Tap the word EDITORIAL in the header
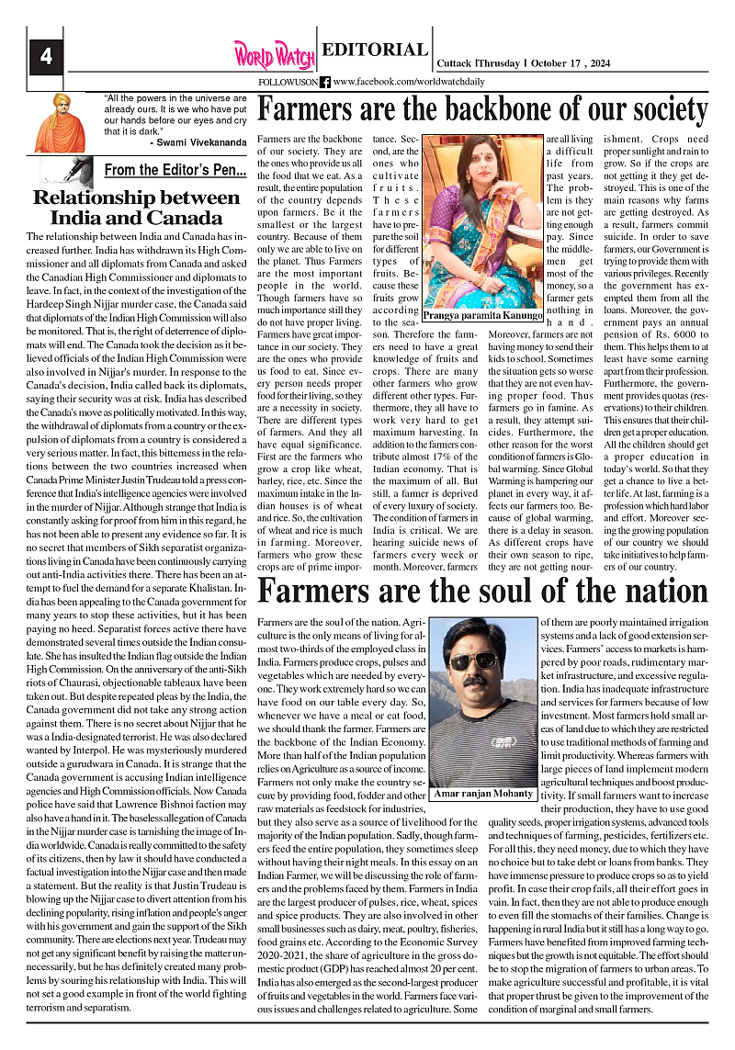(375, 51)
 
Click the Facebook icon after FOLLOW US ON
(324, 82)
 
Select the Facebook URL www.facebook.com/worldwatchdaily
(409, 82)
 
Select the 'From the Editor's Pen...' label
(175, 170)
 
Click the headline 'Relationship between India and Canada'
(136, 208)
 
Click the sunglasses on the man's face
(472, 660)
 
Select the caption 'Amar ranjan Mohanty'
(483, 793)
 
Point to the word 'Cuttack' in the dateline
(455, 63)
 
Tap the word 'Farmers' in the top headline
(307, 110)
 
